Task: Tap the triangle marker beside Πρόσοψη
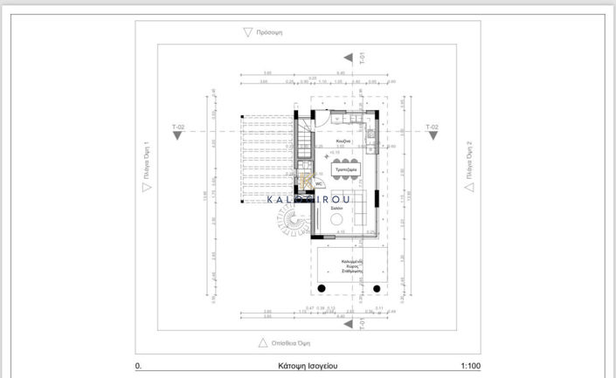pyautogui.click(x=248, y=32)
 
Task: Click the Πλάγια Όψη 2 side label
pyautogui.click(x=469, y=166)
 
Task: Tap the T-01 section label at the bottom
pyautogui.click(x=362, y=323)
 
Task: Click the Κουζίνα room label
pyautogui.click(x=344, y=140)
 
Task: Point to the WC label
pyautogui.click(x=320, y=184)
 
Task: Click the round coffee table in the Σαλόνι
pyautogui.click(x=336, y=223)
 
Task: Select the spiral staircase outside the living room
pyautogui.click(x=287, y=229)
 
